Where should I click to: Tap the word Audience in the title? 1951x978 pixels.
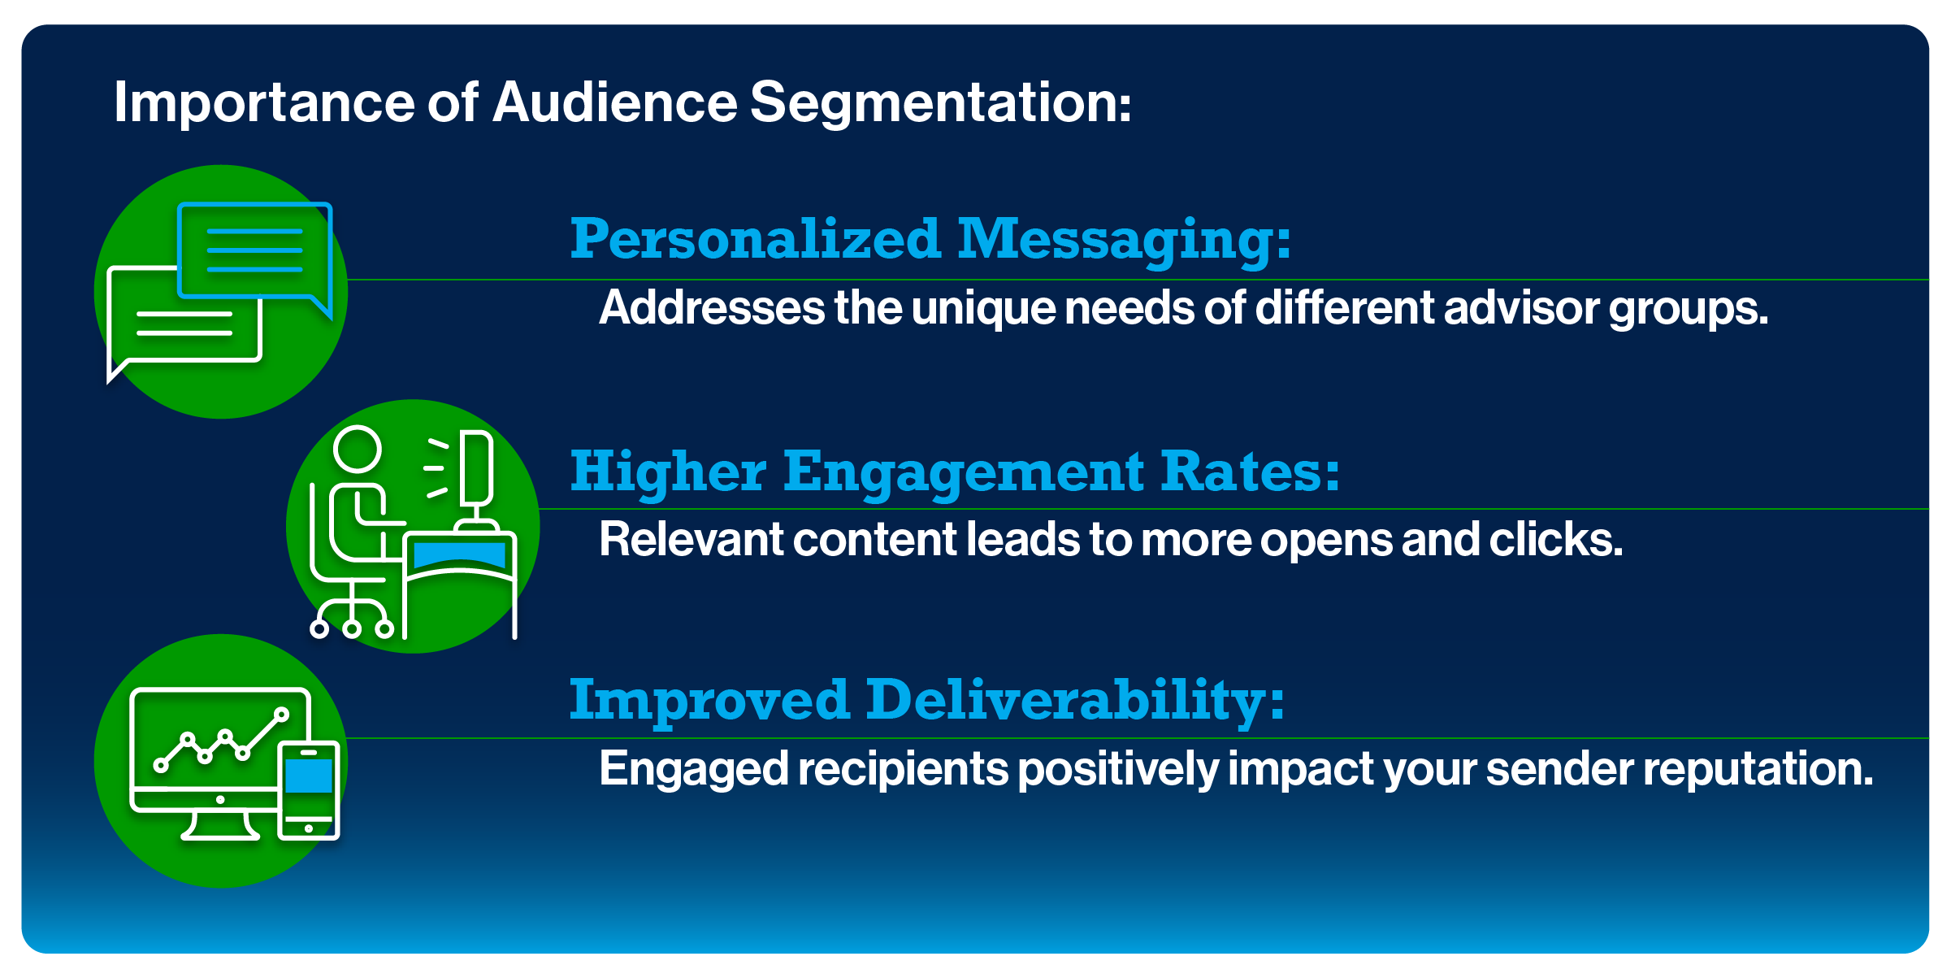click(614, 102)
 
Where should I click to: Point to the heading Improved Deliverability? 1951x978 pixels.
click(926, 701)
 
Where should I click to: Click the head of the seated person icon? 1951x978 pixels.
click(358, 449)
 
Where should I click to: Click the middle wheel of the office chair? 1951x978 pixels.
click(352, 628)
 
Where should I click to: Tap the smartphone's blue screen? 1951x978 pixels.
click(309, 776)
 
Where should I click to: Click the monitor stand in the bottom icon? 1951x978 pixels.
click(220, 825)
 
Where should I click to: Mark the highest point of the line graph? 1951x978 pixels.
click(282, 715)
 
